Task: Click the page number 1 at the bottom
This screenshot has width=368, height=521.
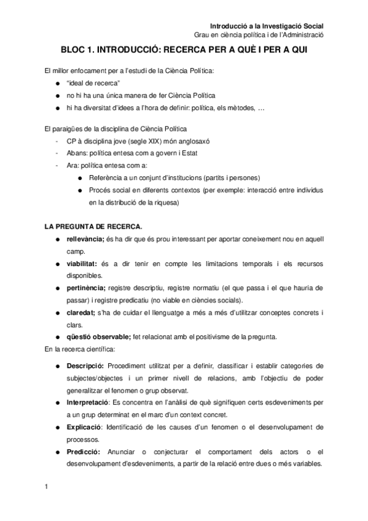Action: [x=46, y=487]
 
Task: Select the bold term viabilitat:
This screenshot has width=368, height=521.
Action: [x=85, y=263]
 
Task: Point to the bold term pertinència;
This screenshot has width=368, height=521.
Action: [x=86, y=287]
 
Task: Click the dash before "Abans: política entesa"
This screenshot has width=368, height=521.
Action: [x=57, y=153]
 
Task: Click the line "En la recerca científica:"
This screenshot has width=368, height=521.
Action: [x=76, y=349]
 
